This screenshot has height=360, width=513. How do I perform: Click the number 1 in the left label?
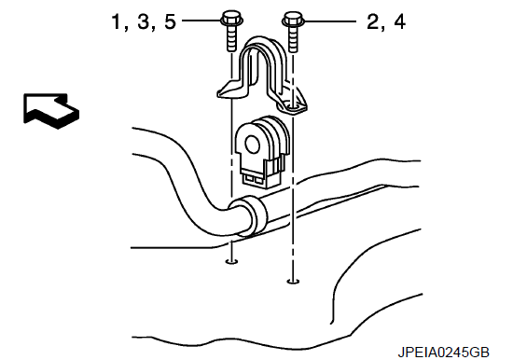point(117,21)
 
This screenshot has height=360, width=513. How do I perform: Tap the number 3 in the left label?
point(144,21)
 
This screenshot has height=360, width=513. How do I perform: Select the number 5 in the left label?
point(170,21)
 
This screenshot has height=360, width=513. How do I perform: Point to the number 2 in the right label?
point(373,22)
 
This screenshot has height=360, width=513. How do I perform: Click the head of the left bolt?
point(231,19)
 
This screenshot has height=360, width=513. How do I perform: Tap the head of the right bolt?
point(293,19)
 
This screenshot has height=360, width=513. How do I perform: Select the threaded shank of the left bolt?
point(231,38)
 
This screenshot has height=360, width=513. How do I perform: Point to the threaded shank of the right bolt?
point(294,39)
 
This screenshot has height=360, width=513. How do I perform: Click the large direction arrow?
point(50,111)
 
